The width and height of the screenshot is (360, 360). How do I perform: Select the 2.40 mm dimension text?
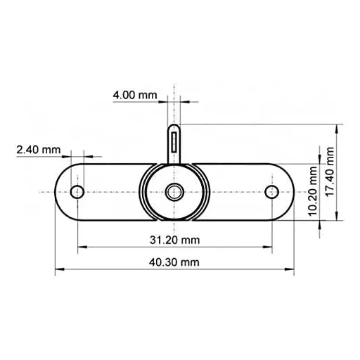(37, 150)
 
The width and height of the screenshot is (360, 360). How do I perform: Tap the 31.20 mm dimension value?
(175, 240)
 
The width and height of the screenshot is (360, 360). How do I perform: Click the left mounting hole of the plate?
(78, 191)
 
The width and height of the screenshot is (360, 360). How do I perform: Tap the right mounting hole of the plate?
(271, 191)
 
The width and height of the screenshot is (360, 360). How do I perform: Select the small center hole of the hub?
(174, 191)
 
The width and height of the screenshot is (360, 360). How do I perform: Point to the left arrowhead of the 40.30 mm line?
(58, 269)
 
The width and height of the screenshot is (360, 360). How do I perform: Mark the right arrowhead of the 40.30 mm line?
(291, 269)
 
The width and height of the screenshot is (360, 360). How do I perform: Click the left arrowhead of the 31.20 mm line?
(80, 247)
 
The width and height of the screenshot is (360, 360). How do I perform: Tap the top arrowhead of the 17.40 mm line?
(342, 127)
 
